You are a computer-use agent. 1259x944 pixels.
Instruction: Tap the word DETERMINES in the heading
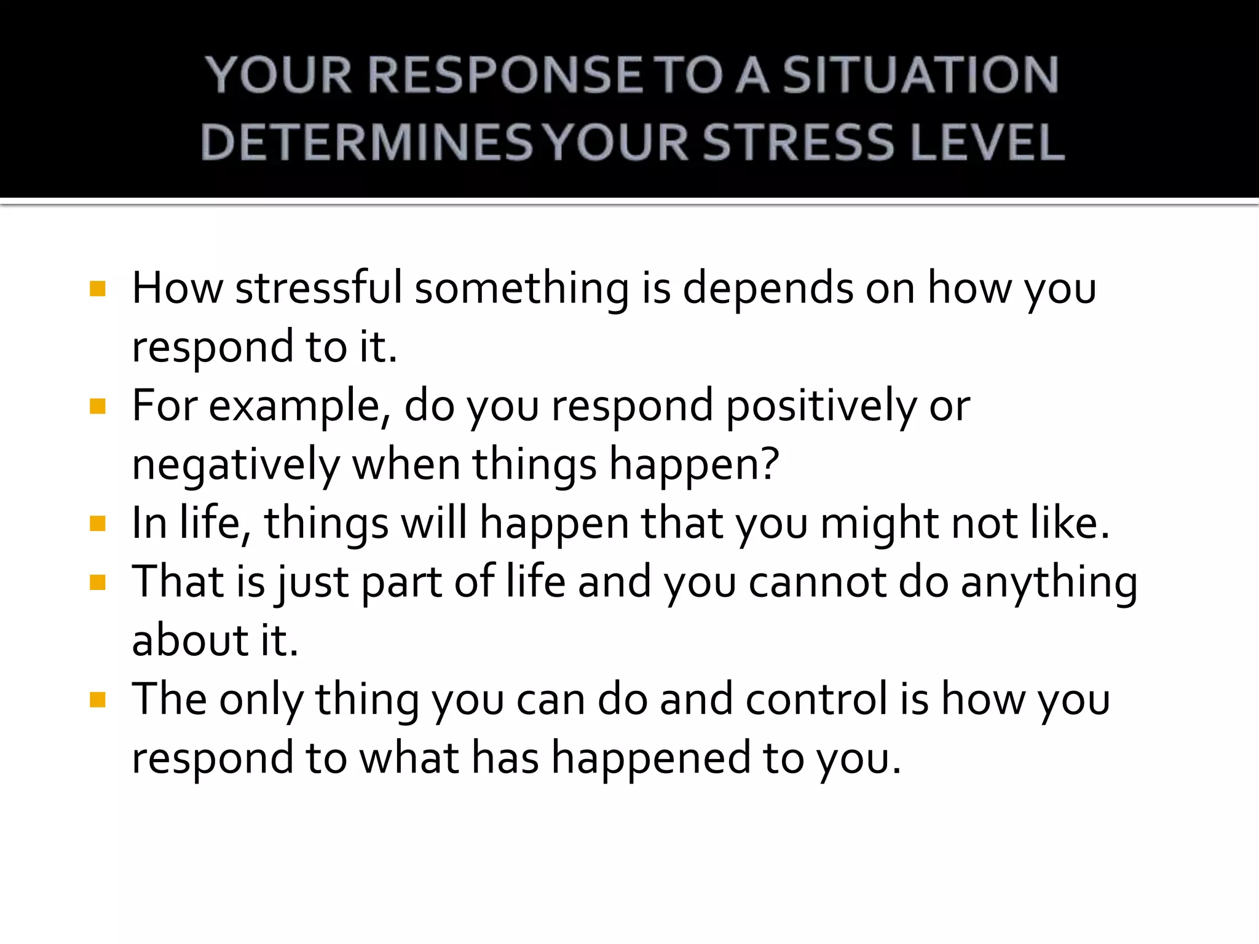click(366, 143)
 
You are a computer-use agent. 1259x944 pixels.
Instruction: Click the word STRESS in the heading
click(797, 143)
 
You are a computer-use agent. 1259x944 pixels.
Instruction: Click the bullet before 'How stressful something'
click(98, 289)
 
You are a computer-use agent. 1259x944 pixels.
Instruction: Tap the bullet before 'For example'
click(98, 406)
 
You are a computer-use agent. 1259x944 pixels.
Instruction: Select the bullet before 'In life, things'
click(98, 524)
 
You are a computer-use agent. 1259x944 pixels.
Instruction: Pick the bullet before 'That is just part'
click(98, 582)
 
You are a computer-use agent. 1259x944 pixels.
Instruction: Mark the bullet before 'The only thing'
click(98, 699)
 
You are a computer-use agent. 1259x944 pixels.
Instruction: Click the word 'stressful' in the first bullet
click(318, 288)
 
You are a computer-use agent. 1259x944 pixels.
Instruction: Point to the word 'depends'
click(768, 288)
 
